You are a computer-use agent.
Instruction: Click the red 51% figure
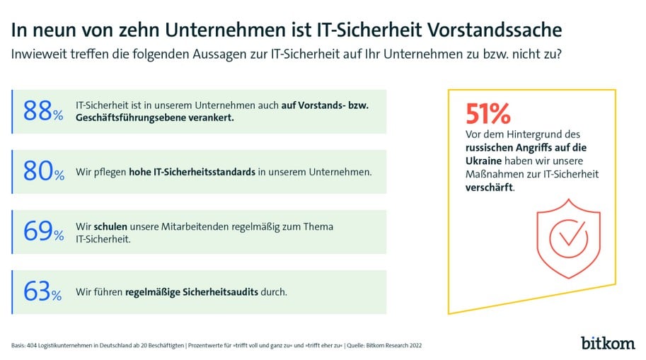(488, 114)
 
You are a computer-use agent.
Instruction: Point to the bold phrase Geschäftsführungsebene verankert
(154, 118)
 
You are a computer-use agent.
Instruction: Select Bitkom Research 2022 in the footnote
(401, 345)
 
